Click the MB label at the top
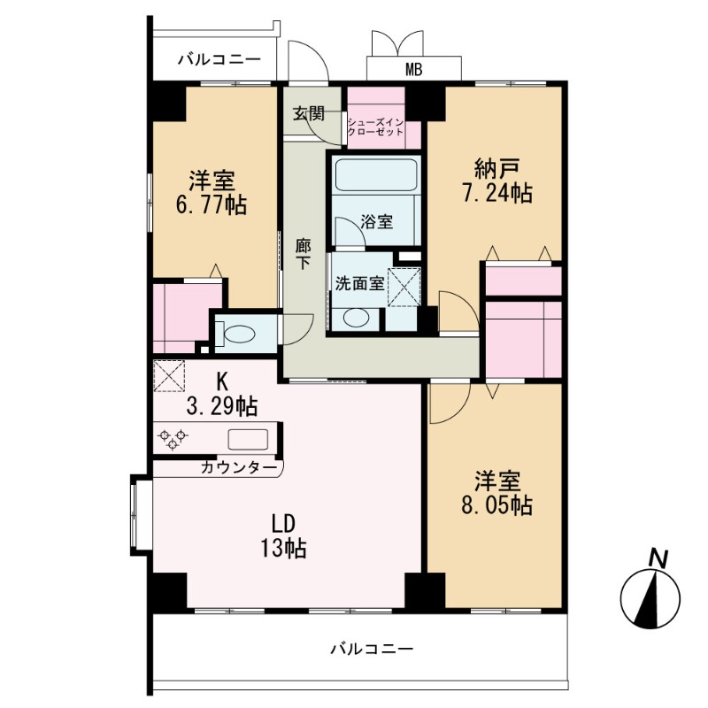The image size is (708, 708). click(413, 68)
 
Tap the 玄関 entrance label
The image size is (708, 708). click(309, 113)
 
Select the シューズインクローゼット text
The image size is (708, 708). click(376, 126)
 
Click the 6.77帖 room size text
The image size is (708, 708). click(212, 205)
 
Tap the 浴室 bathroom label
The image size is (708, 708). click(377, 222)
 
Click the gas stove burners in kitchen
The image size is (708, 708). click(173, 436)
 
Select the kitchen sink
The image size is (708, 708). click(248, 438)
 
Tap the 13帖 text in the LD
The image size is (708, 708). click(283, 549)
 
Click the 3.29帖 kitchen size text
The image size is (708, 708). click(222, 406)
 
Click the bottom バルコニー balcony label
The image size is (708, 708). click(372, 649)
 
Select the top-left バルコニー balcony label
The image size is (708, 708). click(219, 60)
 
